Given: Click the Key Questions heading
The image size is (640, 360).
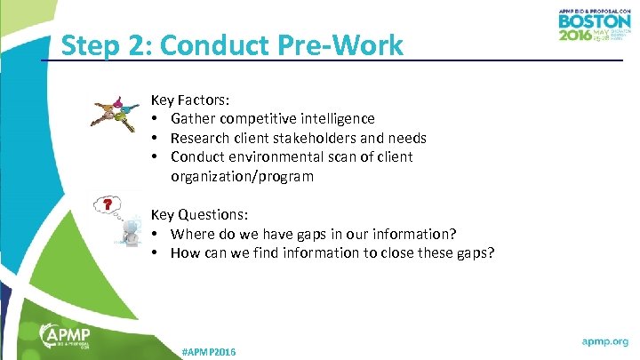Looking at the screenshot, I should pos(200,215).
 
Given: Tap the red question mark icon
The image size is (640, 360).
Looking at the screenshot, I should pos(108,205).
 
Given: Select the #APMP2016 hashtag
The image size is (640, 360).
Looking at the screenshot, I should pos(209,352).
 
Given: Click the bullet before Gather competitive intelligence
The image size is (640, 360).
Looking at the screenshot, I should pos(155,119).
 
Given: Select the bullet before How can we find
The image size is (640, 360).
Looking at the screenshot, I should pos(155,253).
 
